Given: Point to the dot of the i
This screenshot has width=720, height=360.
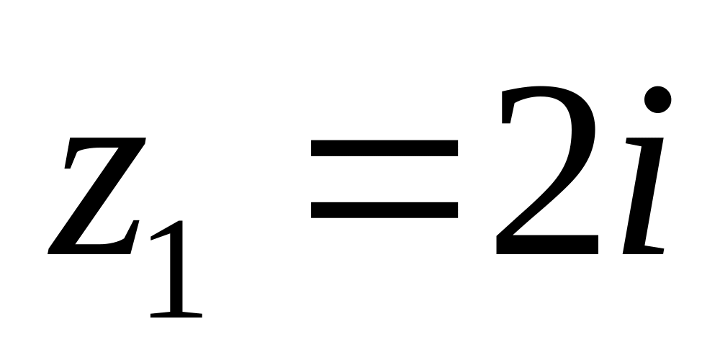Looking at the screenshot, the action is click(x=657, y=99).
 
